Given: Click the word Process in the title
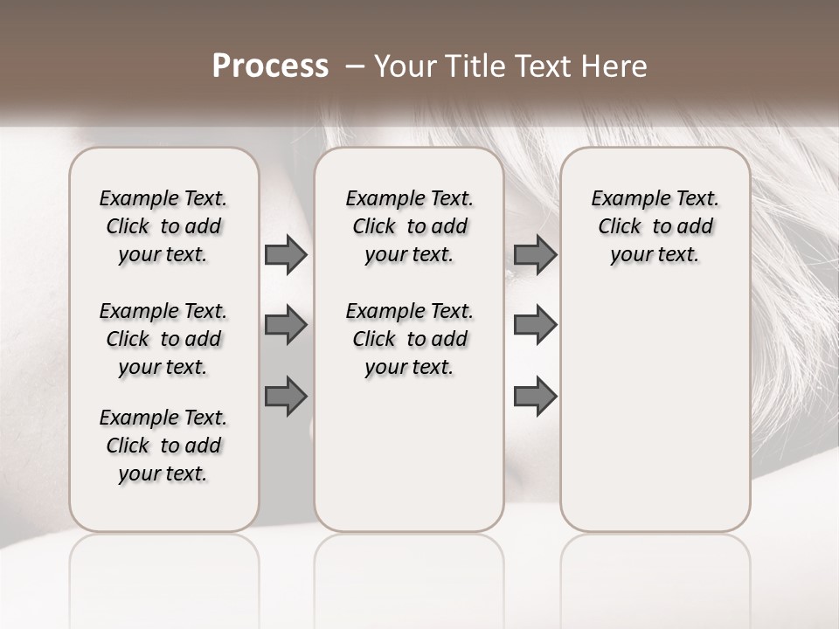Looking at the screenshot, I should [x=270, y=66].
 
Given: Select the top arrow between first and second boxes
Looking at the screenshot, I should [x=286, y=254].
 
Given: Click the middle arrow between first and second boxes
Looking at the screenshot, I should [x=286, y=325].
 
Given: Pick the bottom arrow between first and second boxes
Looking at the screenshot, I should [x=286, y=397].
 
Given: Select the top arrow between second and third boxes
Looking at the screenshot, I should [x=535, y=254].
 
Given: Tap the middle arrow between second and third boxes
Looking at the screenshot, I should [x=535, y=325].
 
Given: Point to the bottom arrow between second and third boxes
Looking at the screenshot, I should [x=535, y=397].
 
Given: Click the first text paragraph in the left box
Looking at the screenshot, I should [x=163, y=226].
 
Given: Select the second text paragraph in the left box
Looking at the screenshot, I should [x=163, y=339].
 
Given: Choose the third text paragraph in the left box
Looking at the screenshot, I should [x=163, y=446].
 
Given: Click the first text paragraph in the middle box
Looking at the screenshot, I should [x=409, y=226].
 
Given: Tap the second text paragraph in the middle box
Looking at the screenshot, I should [x=409, y=339].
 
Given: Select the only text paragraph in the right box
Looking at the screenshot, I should [x=655, y=226].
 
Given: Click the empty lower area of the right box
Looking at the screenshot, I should [x=655, y=411].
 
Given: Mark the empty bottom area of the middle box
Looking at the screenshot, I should [x=409, y=463].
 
